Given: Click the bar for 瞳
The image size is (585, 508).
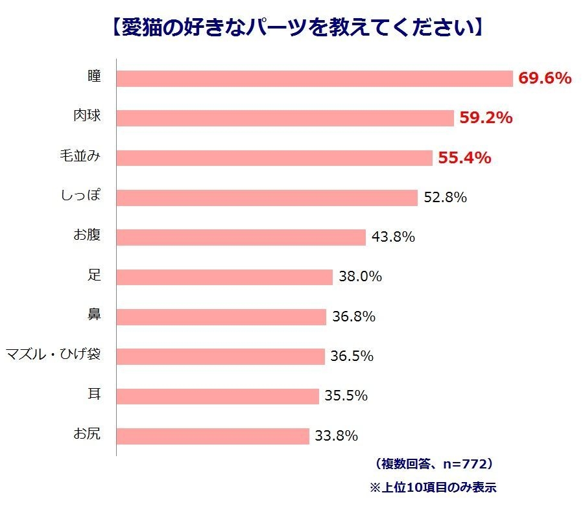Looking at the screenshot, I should [x=315, y=78].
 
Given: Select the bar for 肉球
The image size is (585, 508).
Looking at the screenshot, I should [x=285, y=118].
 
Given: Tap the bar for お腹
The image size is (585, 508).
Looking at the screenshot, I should [x=241, y=237].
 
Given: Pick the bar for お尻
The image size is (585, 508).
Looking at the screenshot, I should [x=213, y=436].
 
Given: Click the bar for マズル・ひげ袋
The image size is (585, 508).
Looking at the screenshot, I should [x=221, y=356].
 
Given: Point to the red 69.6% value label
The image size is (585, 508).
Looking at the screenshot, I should [x=545, y=78].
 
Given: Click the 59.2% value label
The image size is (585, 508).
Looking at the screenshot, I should [x=486, y=118].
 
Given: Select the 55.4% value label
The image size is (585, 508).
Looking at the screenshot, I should [x=464, y=157].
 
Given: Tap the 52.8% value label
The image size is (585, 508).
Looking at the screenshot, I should [x=445, y=198].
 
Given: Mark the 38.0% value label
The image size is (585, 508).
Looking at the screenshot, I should [x=360, y=277].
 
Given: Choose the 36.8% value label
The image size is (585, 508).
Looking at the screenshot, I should [x=353, y=317].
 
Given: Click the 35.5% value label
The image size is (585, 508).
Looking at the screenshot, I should [x=346, y=396].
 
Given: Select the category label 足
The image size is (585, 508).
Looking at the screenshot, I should [x=95, y=275].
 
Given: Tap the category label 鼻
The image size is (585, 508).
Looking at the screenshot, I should [x=95, y=315].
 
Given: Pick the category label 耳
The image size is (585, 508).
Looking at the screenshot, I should [x=95, y=394].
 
